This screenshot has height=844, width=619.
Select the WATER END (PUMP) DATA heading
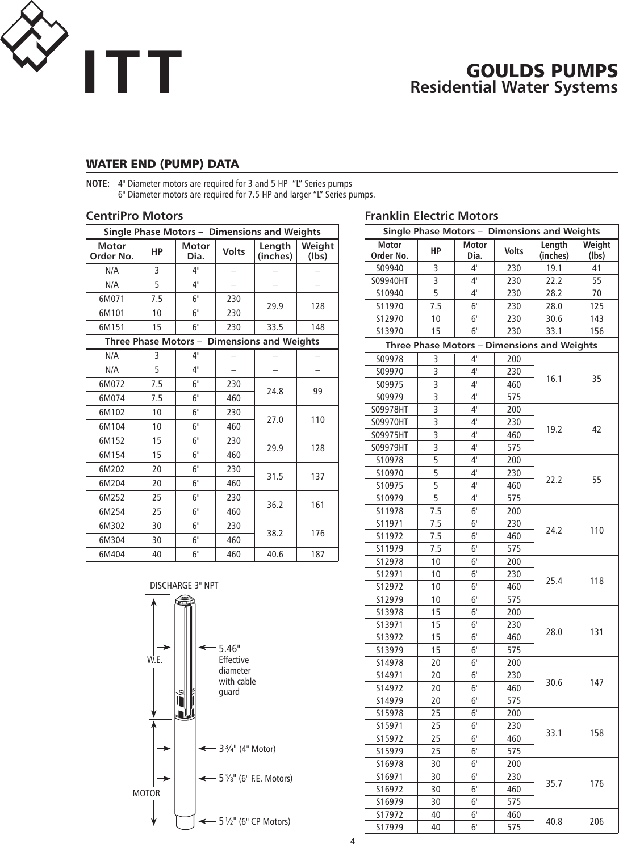[x=162, y=165]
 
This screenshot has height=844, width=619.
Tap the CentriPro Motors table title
[x=134, y=216]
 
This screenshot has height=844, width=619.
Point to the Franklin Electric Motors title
[x=431, y=216]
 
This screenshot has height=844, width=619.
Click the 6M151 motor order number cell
[x=112, y=327]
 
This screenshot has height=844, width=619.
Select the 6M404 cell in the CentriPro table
[x=112, y=555]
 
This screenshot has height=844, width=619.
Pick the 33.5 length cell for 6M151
[x=275, y=327]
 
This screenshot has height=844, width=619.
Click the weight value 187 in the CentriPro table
[x=317, y=555]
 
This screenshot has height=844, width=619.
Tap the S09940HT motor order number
[x=390, y=280]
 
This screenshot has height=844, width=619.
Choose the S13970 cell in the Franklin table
[x=390, y=331]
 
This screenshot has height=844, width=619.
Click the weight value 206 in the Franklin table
[x=596, y=821]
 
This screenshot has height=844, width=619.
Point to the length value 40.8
[x=554, y=821]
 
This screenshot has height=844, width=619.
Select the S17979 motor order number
[x=390, y=828]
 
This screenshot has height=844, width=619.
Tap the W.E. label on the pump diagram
[x=155, y=660]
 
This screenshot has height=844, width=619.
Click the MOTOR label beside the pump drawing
[x=146, y=793]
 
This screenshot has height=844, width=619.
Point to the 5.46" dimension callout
[x=229, y=649]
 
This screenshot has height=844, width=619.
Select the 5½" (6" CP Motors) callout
[x=254, y=821]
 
